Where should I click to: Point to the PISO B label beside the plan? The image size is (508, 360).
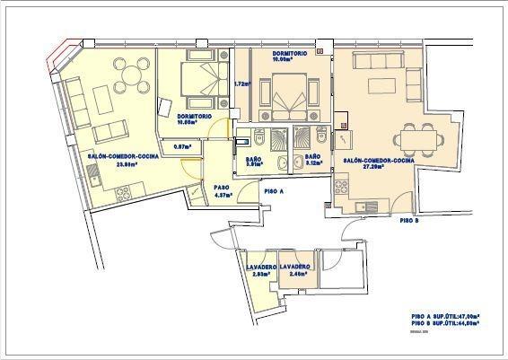(409, 219)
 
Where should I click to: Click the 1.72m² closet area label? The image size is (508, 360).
(241, 84)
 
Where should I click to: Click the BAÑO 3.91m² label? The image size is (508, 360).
(254, 161)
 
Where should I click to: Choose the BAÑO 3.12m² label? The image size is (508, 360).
(313, 161)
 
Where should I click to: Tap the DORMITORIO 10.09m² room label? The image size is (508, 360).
(290, 57)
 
